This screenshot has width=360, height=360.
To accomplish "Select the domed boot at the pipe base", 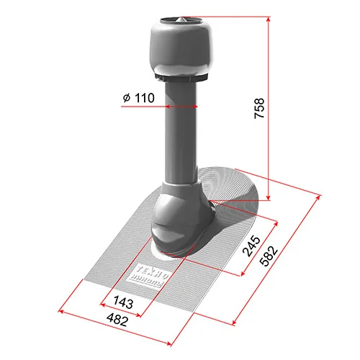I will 179,220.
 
